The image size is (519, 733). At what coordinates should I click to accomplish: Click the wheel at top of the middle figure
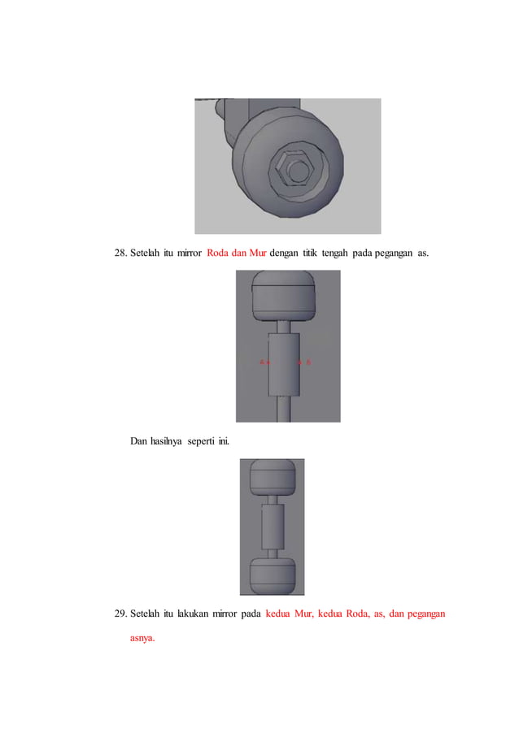coord(284,297)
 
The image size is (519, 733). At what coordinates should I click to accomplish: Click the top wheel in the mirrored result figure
coord(272,479)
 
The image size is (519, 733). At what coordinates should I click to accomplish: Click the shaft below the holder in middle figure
coord(284,406)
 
